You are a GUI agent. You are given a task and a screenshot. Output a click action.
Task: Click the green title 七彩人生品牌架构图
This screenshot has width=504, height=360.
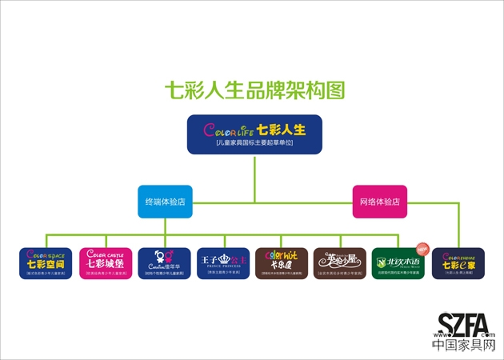tap(254, 90)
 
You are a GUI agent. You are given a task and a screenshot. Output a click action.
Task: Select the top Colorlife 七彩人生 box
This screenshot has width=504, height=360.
tap(254, 134)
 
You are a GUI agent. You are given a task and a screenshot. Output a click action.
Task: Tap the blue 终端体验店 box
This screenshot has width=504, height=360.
tap(165, 202)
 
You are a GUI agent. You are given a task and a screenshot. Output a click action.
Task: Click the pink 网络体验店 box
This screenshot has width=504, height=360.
tap(380, 202)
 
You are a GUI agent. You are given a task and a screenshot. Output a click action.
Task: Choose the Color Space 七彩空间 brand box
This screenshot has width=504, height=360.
tap(46, 263)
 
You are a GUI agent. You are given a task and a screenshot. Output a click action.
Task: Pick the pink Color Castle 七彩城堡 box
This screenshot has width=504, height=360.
tap(105, 263)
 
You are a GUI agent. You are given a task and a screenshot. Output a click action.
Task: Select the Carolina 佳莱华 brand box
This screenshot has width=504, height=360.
tap(164, 263)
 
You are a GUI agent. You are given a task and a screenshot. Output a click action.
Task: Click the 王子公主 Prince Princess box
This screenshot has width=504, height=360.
tap(223, 263)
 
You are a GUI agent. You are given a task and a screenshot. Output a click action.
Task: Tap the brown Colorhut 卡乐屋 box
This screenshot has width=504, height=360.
tap(282, 263)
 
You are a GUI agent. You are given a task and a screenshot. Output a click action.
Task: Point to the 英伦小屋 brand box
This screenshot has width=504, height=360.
tap(340, 263)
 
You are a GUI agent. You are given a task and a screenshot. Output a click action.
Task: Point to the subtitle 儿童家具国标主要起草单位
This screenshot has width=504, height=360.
tap(254, 142)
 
